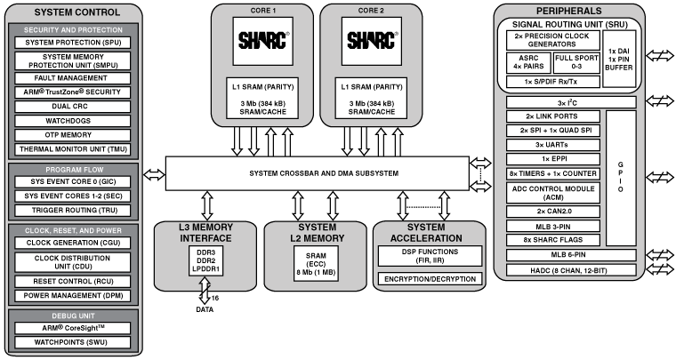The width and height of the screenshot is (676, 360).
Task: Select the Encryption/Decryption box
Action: [x=430, y=278]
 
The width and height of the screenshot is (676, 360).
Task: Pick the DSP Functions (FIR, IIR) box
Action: [x=430, y=254]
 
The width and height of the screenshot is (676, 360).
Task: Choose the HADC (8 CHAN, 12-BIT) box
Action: [x=568, y=270]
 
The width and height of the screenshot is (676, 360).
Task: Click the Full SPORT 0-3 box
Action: [x=576, y=62]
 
